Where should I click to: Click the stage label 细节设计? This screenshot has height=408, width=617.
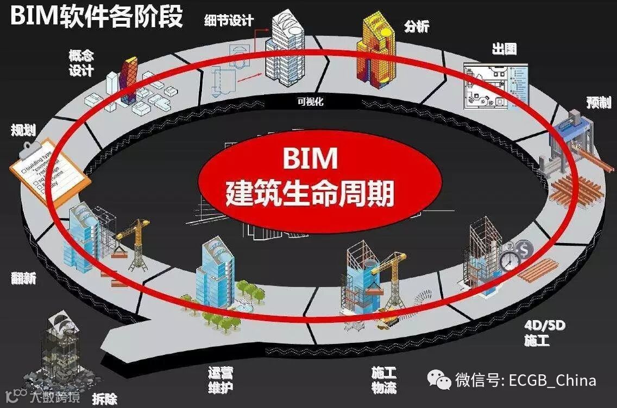coord(229,21)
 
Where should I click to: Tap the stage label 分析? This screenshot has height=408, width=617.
coord(416,25)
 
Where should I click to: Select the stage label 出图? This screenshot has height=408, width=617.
coord(503,49)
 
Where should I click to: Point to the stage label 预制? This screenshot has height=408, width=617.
coord(599,103)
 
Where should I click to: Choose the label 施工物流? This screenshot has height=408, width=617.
coord(384,380)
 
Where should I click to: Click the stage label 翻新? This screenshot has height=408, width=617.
coord(23,278)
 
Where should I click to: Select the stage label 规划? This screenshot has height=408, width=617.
coord(23,130)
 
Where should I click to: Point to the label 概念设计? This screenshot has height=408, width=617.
coord(81,62)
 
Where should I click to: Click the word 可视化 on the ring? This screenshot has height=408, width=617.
coord(310,101)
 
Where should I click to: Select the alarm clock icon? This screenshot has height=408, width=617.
coord(509,260)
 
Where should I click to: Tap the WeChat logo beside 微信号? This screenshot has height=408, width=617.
coord(438,379)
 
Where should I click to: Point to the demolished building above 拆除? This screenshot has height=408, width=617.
coord(63,347)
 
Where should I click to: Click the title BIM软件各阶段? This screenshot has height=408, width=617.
coord(96,16)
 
